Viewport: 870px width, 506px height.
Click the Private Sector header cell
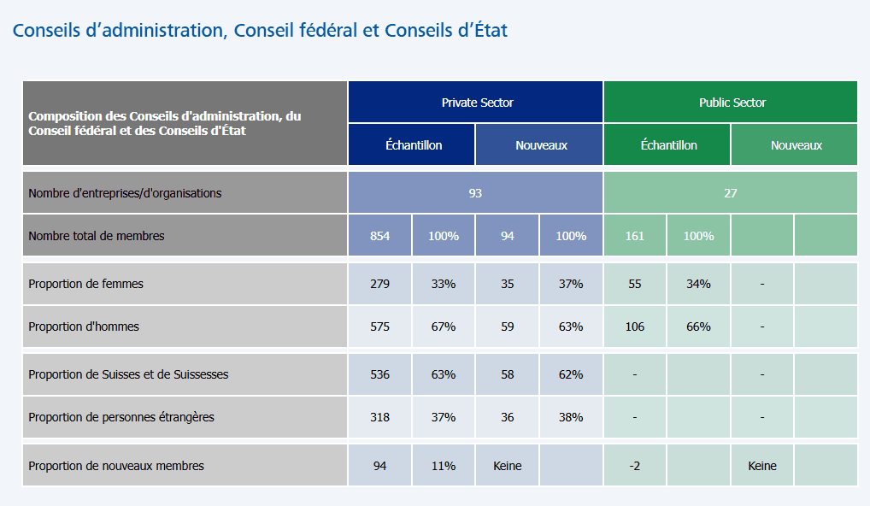click(476, 103)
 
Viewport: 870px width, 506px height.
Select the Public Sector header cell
click(732, 103)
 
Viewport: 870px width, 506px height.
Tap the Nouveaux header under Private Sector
click(540, 145)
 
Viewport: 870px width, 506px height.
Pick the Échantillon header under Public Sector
click(668, 145)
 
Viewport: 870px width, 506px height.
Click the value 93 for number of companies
click(475, 193)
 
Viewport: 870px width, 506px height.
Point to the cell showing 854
click(379, 236)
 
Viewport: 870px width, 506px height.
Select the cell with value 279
click(379, 284)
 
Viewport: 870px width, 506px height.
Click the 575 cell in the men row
click(379, 327)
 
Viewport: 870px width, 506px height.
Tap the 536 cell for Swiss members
click(379, 374)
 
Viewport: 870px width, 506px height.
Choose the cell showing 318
click(379, 417)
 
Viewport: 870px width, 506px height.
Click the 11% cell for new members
click(443, 466)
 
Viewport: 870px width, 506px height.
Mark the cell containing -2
click(634, 466)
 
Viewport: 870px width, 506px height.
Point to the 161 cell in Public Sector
click(634, 236)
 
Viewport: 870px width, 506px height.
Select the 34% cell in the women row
click(698, 284)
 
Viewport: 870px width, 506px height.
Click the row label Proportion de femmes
click(85, 284)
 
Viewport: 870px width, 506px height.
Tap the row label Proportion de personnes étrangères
click(121, 417)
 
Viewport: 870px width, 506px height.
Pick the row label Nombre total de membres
click(96, 236)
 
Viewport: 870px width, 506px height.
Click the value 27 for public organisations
click(731, 193)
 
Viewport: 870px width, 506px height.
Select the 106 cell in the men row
click(634, 327)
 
